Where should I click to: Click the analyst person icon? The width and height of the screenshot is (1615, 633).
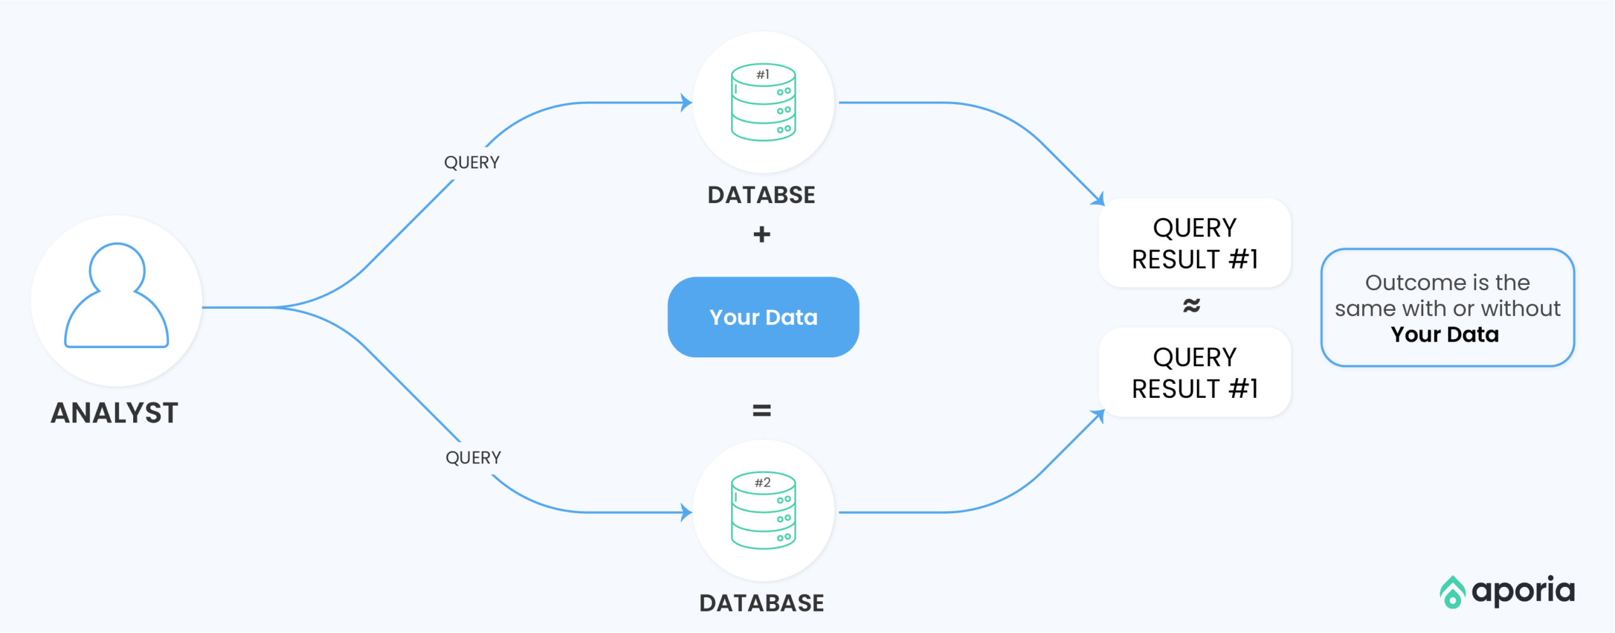coord(117,295)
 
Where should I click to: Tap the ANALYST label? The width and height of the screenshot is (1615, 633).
coord(114,413)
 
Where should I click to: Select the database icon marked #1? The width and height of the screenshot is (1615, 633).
coord(763,102)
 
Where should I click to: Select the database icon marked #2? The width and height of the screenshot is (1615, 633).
coord(763,510)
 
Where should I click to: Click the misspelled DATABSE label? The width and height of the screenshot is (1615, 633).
coord(761,195)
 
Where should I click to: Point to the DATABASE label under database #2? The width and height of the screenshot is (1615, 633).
coord(761,603)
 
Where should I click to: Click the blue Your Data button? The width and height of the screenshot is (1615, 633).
coord(763,317)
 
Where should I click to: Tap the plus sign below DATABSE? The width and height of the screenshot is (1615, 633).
coord(762,235)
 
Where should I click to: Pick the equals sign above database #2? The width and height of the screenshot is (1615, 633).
coord(762,411)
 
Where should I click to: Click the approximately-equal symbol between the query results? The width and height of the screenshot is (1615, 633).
coord(1192,306)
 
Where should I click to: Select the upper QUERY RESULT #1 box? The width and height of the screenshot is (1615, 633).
coord(1195,243)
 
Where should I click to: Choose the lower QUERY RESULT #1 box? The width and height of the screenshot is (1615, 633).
coord(1195,372)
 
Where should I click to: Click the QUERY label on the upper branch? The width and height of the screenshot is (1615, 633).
coord(472,163)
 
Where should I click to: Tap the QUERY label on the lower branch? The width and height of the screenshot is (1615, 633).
coord(473,458)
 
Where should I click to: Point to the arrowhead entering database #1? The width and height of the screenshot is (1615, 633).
coord(686,102)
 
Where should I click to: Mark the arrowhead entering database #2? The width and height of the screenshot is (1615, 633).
coord(686,512)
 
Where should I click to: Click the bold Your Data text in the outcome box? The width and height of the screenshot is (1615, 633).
coord(1445,334)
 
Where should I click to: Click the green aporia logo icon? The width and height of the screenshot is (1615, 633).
coord(1452,592)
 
